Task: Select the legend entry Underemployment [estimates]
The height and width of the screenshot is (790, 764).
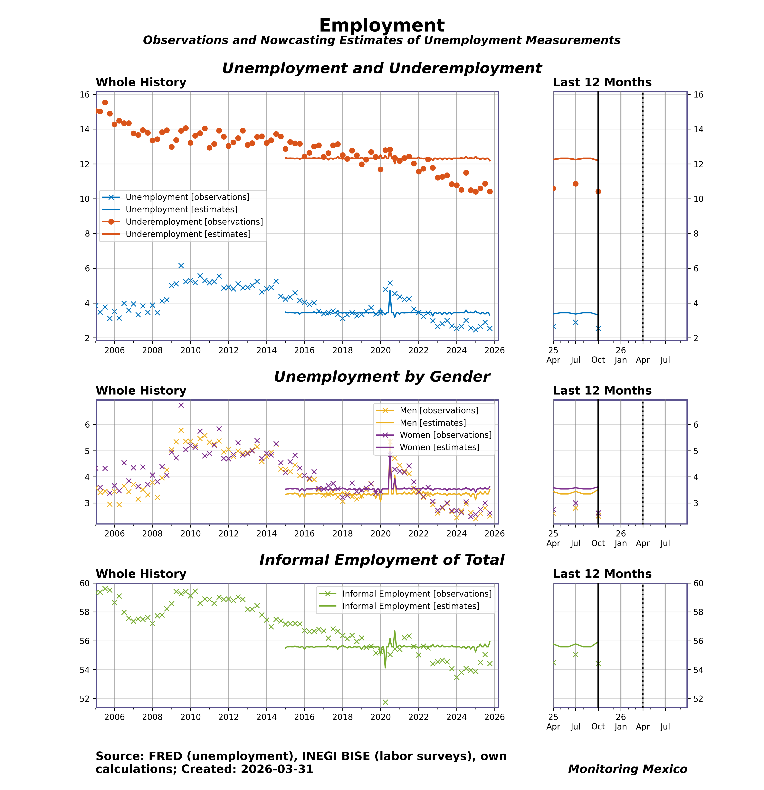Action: coord(188,234)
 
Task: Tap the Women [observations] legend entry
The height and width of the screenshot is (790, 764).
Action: coord(445,435)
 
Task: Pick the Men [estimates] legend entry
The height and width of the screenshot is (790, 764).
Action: coord(432,423)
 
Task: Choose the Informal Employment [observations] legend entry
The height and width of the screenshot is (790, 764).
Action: coord(417,594)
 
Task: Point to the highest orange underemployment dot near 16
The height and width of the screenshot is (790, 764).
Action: coord(105,102)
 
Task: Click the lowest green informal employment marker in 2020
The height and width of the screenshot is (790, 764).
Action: coord(385,702)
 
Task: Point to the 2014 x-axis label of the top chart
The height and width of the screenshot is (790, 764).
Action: coord(266,350)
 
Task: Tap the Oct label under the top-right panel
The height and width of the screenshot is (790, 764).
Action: coord(598,360)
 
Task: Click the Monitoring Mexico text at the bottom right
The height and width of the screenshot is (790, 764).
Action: coord(627,769)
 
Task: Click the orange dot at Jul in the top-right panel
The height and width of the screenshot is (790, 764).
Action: coord(576,184)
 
